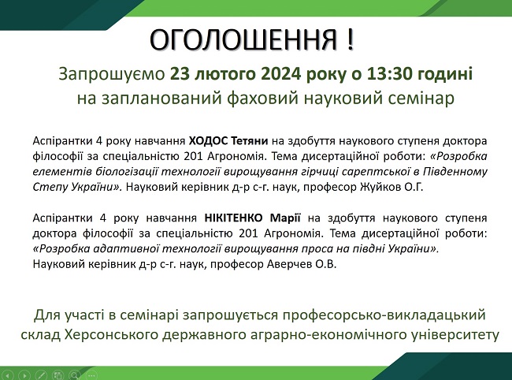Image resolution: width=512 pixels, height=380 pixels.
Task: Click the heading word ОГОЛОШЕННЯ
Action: (x=243, y=39)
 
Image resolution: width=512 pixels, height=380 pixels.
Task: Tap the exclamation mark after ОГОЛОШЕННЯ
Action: (x=351, y=39)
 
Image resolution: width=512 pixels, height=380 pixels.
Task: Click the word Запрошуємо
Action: (x=112, y=74)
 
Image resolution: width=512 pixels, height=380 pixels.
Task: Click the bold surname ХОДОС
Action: (x=208, y=141)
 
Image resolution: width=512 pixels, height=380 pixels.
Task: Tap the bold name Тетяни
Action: (x=250, y=141)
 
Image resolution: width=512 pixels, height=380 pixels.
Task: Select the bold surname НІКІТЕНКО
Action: (x=233, y=218)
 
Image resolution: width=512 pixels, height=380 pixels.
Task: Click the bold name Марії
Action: (x=285, y=218)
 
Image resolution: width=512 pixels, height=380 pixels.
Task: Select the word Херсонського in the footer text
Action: (x=113, y=334)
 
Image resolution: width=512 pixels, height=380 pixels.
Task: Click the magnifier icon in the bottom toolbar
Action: (x=75, y=375)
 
